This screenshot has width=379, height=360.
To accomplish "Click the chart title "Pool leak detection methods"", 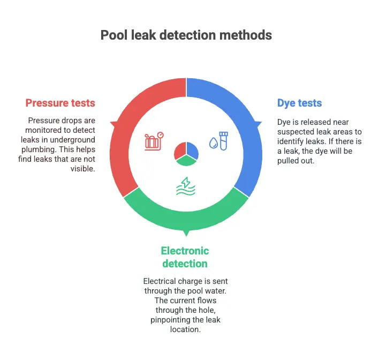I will (186, 35).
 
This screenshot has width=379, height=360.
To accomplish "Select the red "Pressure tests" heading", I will (60, 103).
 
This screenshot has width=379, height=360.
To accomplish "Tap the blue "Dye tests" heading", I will (299, 103).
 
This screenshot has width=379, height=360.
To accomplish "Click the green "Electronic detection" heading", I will (184, 257).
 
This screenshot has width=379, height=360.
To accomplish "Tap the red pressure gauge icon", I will (154, 141).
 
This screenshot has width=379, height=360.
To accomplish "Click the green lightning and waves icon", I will (185, 186).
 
